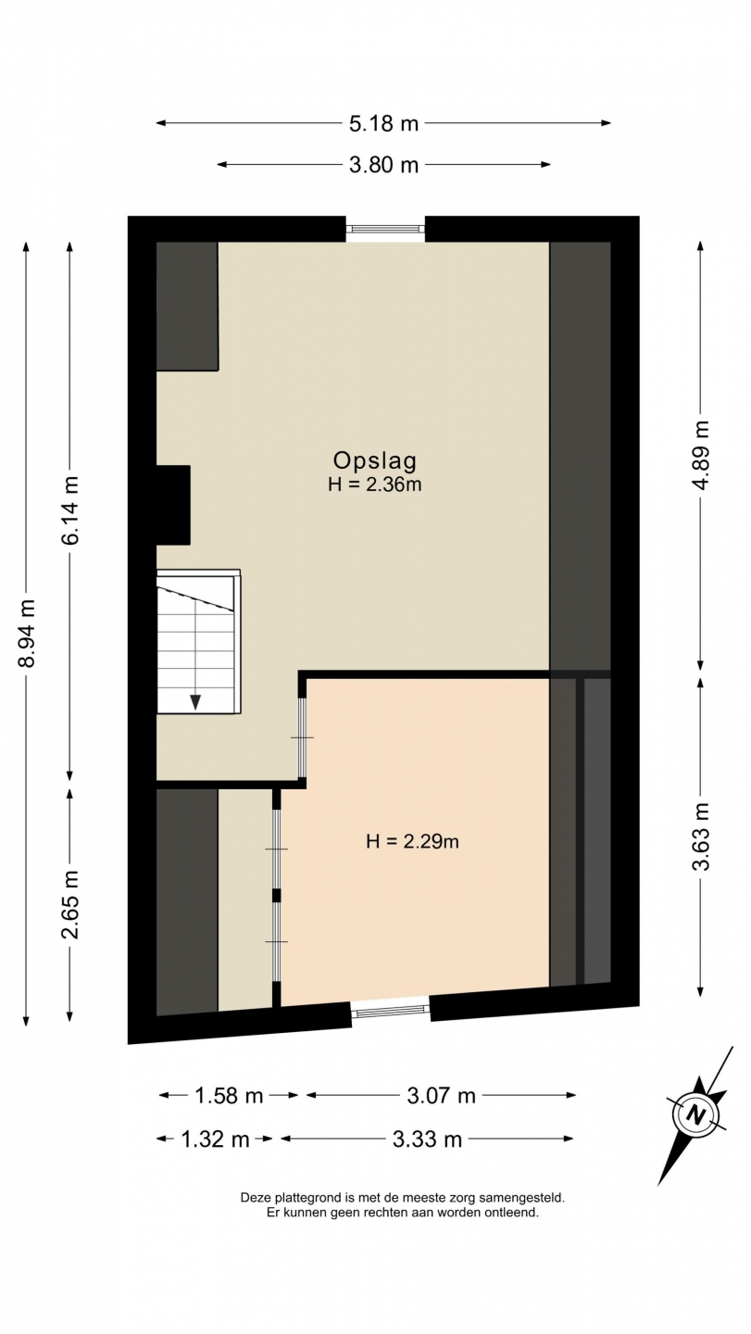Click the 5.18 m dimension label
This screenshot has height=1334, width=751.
(383, 123)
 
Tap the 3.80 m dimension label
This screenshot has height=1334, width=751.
(383, 164)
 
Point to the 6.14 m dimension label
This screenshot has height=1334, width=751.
(70, 510)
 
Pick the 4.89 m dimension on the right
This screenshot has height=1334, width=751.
(701, 455)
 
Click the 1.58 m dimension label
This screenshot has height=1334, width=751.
(229, 1095)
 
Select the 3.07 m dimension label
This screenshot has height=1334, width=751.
(441, 1095)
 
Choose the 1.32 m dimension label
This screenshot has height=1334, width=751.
(215, 1139)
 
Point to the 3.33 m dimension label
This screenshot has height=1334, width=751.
(427, 1139)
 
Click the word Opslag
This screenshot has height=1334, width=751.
(374, 460)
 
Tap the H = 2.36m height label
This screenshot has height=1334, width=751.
(374, 485)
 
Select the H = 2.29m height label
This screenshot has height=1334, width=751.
(412, 841)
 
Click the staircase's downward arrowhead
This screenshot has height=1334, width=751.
(195, 702)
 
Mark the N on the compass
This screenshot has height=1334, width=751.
(695, 1114)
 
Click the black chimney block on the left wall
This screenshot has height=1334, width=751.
(173, 505)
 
